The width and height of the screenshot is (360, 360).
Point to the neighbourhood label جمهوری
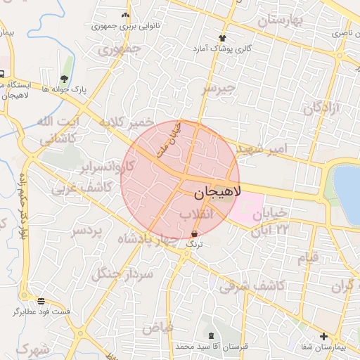(119, 50)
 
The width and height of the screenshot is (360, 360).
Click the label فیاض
(157, 326)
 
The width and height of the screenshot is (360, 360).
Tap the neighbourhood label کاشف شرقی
(251, 285)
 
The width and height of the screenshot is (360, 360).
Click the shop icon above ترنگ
(194, 233)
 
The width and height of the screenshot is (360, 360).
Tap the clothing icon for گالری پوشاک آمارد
(223, 37)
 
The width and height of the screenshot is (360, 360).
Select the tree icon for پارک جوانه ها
(64, 79)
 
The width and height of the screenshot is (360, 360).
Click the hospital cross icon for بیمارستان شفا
(323, 336)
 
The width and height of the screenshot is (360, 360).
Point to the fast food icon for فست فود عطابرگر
(41, 300)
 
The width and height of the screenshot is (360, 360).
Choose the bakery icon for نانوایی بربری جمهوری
(126, 15)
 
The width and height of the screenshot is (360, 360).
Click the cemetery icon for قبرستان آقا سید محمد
(211, 335)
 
